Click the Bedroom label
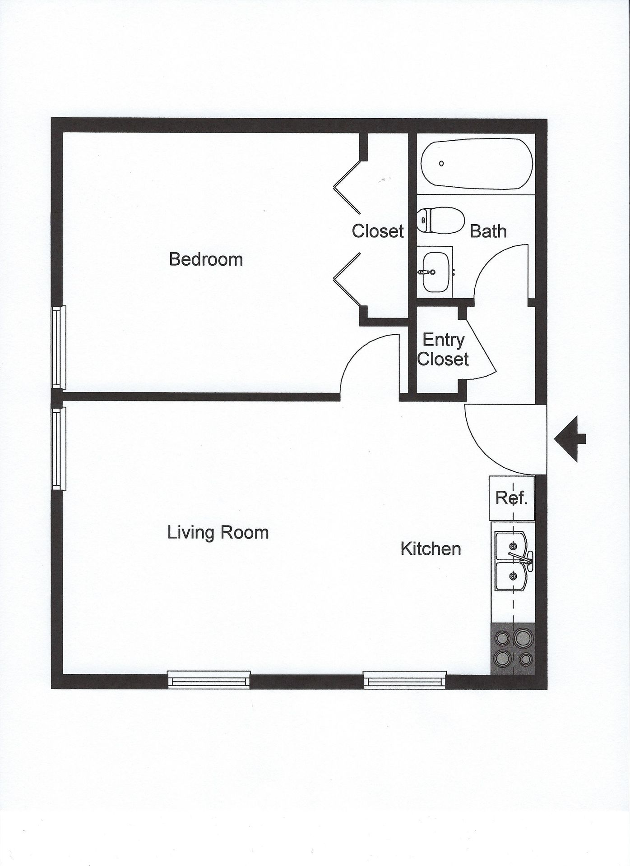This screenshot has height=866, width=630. (206, 259)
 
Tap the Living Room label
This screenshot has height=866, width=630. (218, 533)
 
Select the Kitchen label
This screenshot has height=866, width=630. (431, 549)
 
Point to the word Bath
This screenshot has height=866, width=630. (488, 231)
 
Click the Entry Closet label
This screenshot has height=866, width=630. (443, 350)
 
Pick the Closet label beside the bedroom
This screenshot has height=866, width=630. (378, 231)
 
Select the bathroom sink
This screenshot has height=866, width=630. (435, 272)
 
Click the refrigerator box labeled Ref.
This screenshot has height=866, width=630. (512, 498)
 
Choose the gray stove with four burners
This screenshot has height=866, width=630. (513, 649)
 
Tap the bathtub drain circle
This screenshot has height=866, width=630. (441, 163)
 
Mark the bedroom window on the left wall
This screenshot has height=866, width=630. (59, 347)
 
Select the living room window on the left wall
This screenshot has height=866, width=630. (59, 448)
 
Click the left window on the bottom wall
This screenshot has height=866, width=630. (208, 679)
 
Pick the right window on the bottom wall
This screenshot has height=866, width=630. (405, 679)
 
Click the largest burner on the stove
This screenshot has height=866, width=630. (523, 637)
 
